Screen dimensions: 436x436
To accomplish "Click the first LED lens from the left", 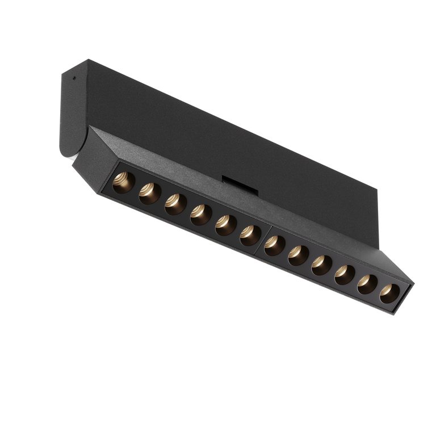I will (x=123, y=182).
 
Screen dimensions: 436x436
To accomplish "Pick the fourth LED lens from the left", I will (x=200, y=215).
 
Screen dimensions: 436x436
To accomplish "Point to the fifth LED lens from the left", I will (x=225, y=225).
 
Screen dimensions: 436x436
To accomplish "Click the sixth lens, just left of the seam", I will (x=250, y=235).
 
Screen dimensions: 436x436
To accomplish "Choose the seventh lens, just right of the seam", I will (x=275, y=245).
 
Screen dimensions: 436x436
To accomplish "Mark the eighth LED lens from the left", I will (x=298, y=255).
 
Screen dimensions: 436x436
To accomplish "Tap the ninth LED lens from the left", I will (x=321, y=265).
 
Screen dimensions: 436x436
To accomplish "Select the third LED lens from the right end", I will (x=345, y=274).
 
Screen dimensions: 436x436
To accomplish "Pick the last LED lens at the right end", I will (x=389, y=293).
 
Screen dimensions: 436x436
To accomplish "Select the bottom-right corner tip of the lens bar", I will (x=401, y=313).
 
